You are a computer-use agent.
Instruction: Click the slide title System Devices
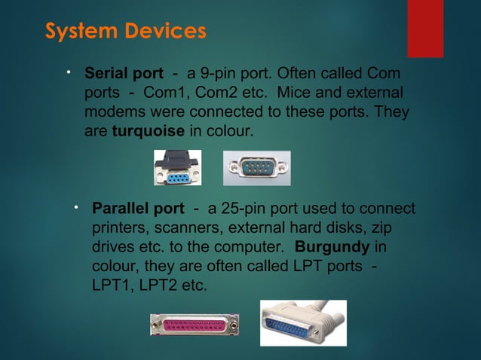[x=125, y=32]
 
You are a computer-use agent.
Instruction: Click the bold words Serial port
[x=124, y=74]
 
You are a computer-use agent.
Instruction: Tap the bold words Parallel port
[x=137, y=208]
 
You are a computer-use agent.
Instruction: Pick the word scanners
[x=176, y=227]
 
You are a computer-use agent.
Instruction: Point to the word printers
[x=116, y=227]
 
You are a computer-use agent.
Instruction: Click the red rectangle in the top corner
[x=425, y=28]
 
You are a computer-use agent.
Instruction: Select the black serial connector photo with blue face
[x=178, y=167]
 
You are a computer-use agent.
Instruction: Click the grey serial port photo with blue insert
[x=256, y=167]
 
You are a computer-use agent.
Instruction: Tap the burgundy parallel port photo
[x=195, y=325]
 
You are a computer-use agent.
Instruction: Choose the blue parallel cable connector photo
[x=303, y=322]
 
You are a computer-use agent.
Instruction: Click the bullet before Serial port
[x=68, y=73]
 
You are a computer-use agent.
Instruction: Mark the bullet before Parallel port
[x=75, y=207]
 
